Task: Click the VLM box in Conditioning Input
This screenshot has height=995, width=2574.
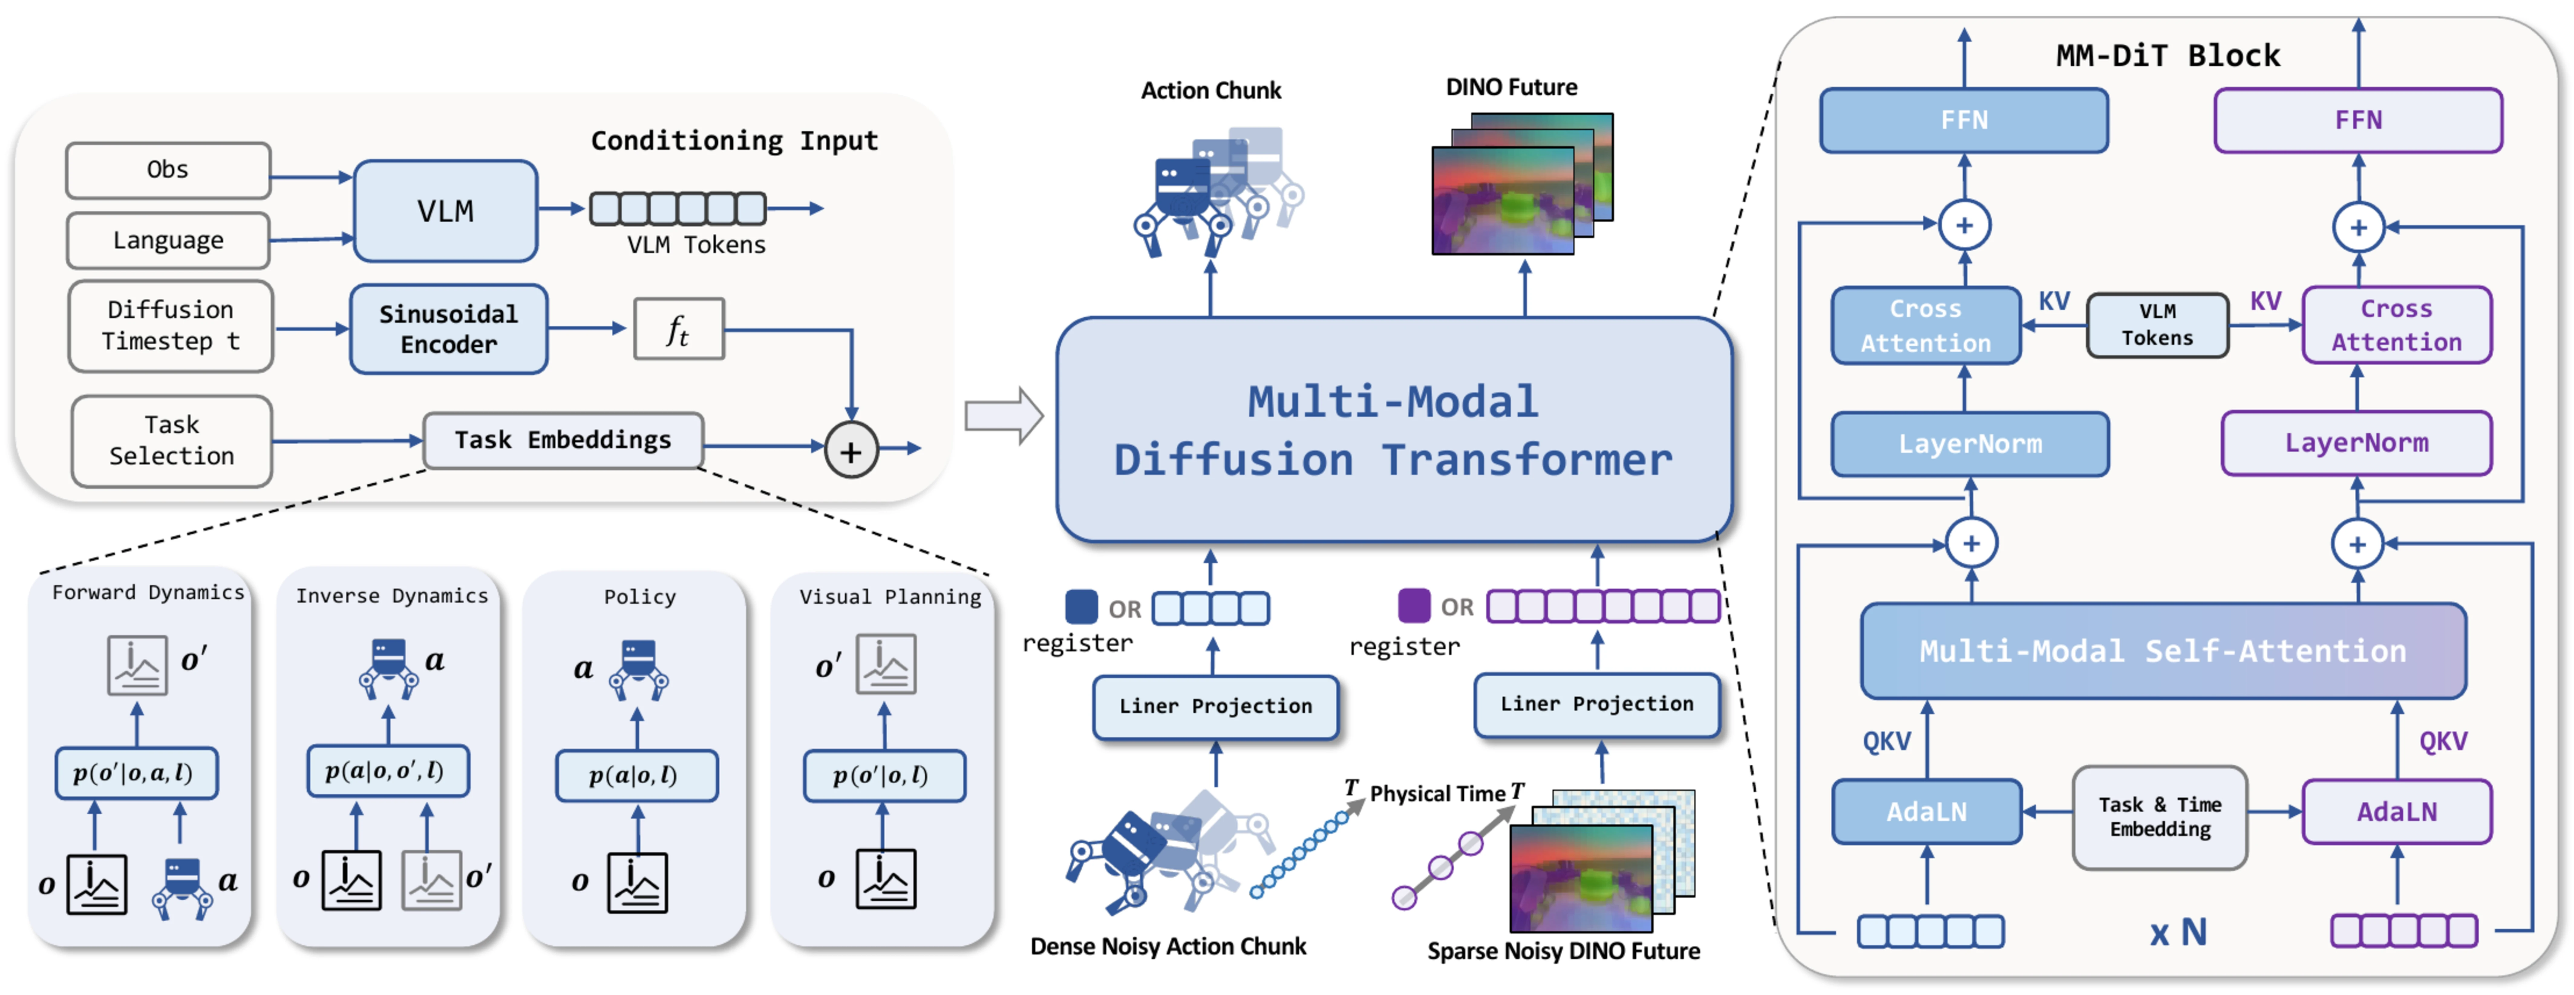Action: click(446, 211)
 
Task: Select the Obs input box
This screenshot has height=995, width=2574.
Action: click(168, 170)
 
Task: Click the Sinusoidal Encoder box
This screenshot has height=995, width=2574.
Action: click(449, 329)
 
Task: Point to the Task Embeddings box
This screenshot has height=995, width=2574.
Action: click(563, 439)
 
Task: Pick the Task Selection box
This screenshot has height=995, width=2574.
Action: click(172, 441)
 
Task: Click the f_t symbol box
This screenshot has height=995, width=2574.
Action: click(678, 329)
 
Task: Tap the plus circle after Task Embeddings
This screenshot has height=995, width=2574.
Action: click(850, 451)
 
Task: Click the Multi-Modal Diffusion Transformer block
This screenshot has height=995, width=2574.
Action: click(1394, 429)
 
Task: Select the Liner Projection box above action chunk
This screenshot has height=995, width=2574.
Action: click(1215, 706)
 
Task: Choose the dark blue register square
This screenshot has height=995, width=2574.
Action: click(1081, 605)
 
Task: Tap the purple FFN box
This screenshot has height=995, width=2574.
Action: click(2358, 120)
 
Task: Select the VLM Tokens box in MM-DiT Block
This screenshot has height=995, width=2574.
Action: click(2157, 325)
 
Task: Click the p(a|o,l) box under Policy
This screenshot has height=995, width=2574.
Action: click(636, 775)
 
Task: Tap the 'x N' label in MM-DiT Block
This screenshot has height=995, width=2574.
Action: click(2178, 932)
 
